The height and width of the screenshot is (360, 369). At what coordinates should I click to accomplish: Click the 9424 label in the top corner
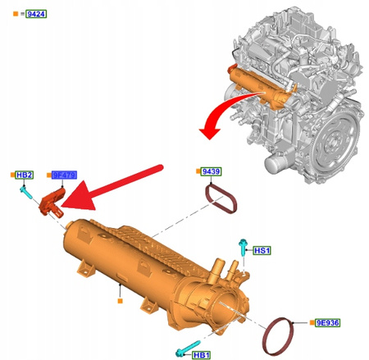point(35,14)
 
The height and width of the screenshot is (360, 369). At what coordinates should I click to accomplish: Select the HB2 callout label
point(25,175)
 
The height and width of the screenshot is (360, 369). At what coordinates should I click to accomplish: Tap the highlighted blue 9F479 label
point(64,175)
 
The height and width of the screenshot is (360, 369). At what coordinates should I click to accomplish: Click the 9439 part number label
point(212,171)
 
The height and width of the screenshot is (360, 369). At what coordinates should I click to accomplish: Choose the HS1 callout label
point(262,250)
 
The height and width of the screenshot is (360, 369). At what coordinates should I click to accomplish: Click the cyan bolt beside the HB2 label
point(28,194)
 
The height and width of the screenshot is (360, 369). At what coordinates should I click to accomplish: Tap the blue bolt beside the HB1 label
point(188,346)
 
